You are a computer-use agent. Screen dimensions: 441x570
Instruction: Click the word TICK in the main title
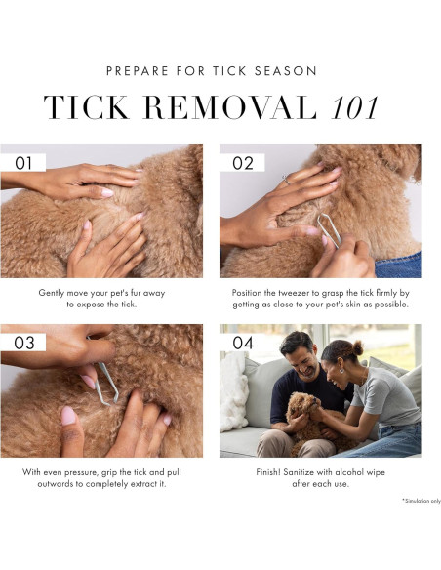[87, 107]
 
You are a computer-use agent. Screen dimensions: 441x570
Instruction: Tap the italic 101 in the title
[355, 107]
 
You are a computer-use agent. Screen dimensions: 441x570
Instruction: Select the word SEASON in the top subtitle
[286, 71]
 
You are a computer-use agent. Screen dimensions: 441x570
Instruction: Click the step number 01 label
[23, 163]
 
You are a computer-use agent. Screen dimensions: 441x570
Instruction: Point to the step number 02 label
[243, 163]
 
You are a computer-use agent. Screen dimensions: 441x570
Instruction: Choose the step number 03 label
[24, 343]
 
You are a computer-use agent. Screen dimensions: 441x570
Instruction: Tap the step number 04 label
[243, 343]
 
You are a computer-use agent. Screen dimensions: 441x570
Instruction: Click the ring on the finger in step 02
[286, 180]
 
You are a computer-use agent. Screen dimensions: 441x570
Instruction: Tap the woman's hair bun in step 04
[357, 347]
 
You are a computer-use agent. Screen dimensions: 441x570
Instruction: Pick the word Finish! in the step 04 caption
[268, 472]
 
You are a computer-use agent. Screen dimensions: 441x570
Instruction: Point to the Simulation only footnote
[421, 501]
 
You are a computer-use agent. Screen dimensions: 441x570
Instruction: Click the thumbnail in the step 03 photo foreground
[68, 416]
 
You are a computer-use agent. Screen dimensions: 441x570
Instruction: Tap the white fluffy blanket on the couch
[233, 392]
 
